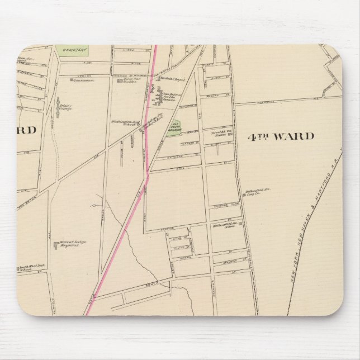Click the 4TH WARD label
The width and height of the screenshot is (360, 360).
(x=280, y=136)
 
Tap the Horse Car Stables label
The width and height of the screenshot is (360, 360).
(x=131, y=82)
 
